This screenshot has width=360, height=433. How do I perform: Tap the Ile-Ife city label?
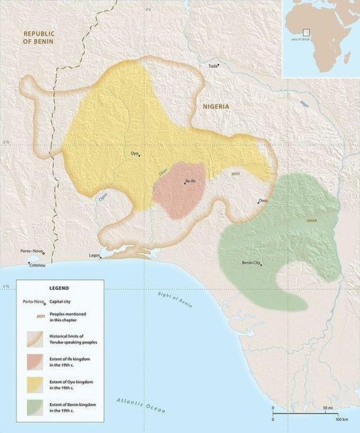190,182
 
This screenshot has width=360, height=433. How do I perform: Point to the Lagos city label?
93,255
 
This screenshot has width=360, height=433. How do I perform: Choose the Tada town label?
212,66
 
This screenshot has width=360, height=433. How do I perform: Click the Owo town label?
263,201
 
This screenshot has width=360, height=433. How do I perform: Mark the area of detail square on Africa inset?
306,32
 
